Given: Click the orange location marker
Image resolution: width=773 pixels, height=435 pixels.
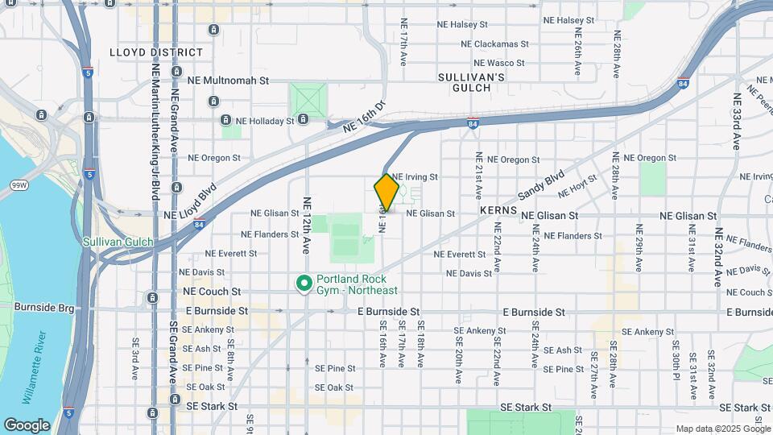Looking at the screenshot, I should [386, 192].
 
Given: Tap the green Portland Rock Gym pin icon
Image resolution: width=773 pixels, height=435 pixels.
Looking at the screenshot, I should [304, 283].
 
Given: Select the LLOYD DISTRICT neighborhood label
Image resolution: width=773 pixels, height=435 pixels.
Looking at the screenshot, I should [156, 52].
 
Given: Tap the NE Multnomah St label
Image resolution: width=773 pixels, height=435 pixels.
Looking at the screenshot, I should [227, 81].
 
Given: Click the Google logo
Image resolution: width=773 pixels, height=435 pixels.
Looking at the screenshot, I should [27, 425].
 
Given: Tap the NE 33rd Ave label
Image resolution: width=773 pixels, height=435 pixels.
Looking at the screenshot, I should [736, 122].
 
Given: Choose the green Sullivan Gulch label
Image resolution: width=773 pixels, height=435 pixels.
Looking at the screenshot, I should [118, 241].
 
